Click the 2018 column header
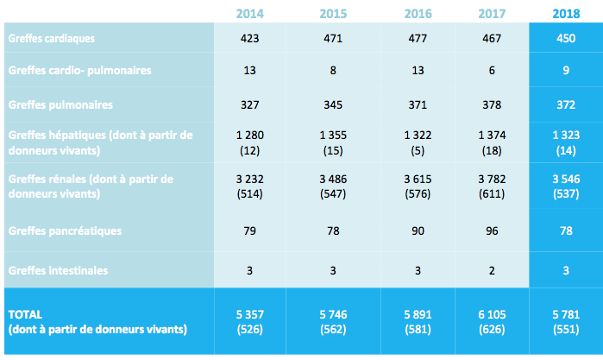[565, 13]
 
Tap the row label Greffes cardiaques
[51, 39]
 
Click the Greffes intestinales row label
[57, 270]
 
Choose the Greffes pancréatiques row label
[63, 231]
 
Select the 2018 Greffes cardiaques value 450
[565, 39]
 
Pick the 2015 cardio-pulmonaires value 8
[333, 71]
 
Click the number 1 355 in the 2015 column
[333, 136]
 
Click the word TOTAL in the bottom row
[24, 314]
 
